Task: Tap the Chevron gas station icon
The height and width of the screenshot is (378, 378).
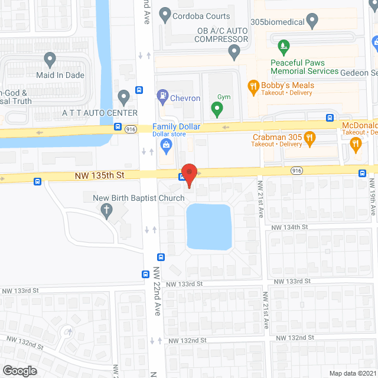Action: click(x=162, y=95)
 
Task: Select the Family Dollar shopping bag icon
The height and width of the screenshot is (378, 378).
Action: click(x=166, y=144)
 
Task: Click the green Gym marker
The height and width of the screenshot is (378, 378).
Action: click(x=217, y=109)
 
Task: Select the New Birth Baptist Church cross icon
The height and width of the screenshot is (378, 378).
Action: click(x=107, y=210)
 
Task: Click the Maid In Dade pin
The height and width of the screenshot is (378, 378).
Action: click(x=50, y=59)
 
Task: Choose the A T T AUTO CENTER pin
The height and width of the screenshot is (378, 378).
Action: click(x=123, y=96)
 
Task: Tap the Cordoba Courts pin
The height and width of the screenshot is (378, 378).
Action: click(x=165, y=14)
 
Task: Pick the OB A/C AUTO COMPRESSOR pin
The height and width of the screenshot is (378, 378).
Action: click(x=235, y=53)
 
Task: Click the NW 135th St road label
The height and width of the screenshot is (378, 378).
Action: click(x=99, y=175)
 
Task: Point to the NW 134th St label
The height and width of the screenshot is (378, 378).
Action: click(x=289, y=227)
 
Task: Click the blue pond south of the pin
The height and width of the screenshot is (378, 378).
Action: click(x=208, y=227)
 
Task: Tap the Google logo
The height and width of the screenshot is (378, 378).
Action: click(x=19, y=370)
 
